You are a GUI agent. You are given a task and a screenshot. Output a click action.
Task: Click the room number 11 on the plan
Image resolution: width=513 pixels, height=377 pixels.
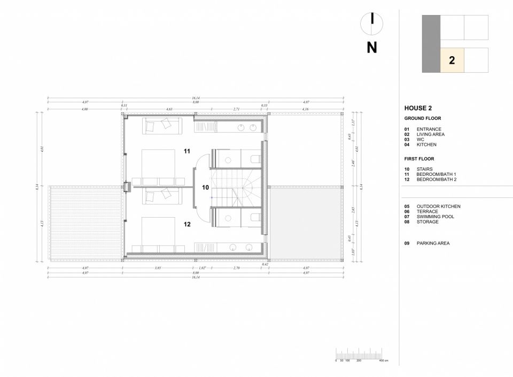(187, 151)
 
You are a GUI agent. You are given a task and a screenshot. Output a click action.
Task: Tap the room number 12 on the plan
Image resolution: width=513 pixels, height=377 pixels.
(187, 225)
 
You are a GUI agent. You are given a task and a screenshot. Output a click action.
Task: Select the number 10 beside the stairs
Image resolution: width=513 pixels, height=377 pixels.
(205, 188)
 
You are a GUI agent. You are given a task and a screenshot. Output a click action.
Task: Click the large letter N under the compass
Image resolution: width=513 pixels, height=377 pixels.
(372, 48)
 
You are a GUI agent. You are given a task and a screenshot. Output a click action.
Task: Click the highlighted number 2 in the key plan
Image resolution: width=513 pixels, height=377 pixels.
(452, 60)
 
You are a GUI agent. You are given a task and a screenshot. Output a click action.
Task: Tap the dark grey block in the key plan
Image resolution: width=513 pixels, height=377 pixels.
(431, 43)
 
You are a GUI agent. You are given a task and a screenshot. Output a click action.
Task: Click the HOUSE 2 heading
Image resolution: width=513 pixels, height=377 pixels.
(418, 108)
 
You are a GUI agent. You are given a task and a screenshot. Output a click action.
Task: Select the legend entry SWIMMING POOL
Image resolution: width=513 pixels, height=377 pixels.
(435, 217)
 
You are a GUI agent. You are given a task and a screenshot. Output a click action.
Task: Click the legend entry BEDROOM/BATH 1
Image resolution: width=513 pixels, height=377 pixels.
(436, 174)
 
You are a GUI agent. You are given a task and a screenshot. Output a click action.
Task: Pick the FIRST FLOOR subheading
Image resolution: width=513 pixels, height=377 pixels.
(419, 159)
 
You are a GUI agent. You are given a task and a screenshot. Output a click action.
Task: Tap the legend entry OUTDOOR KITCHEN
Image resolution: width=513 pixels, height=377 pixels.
(438, 206)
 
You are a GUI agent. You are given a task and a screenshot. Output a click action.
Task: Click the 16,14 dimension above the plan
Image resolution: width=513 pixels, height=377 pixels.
(196, 98)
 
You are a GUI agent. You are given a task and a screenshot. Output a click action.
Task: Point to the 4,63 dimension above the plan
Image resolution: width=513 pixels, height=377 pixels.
(169, 109)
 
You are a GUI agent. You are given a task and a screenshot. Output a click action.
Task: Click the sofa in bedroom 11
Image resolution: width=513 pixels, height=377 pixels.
(161, 126)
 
